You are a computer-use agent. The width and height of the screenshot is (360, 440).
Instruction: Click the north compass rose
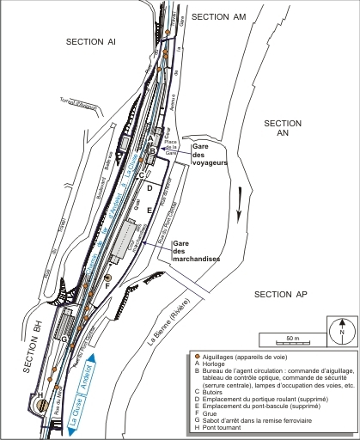(x=342, y=329)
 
